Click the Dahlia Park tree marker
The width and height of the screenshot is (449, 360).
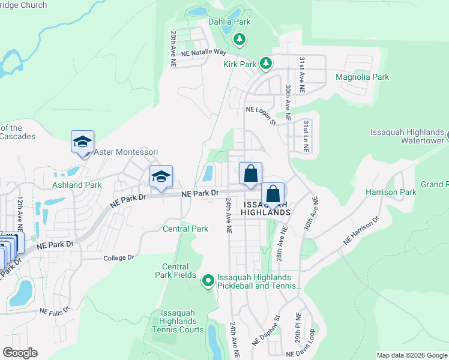coord(240,39)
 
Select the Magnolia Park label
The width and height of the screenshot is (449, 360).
coord(362,77)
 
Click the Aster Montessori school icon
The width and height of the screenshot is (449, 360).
coord(82,142)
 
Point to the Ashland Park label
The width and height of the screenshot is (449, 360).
coord(77,185)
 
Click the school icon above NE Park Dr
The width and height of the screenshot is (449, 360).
coord(161,176)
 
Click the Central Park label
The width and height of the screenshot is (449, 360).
coord(185,229)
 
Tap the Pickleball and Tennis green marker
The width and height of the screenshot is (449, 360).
coord(208,281)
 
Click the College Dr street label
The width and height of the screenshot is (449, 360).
coord(118,257)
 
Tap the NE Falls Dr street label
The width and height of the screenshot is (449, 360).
coord(55,311)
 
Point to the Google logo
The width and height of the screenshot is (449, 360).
coord(20,352)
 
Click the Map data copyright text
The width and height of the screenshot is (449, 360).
coord(411,355)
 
